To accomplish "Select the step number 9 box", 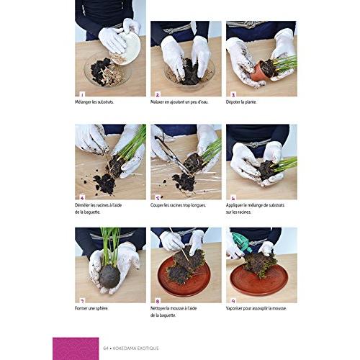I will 232,298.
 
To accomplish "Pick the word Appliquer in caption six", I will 240,205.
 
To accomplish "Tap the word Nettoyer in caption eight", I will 163,308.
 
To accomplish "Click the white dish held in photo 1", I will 127,48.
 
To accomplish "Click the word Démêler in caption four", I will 87,205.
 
